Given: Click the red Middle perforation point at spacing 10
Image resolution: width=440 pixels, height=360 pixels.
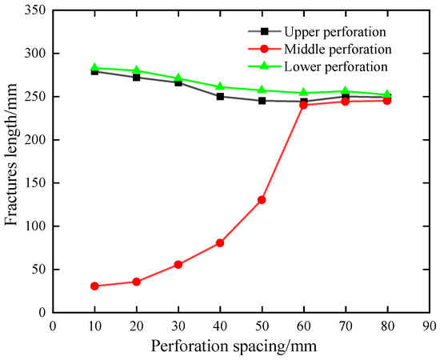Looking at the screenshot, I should click(94, 286).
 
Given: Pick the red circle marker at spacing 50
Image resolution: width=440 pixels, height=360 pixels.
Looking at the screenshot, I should click(262, 199).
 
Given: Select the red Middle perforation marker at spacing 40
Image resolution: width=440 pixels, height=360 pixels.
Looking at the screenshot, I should click(220, 242).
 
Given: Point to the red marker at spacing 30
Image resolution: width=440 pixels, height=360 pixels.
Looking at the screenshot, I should click(178, 264).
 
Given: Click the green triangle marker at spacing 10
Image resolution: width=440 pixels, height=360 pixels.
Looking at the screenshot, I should click(94, 68).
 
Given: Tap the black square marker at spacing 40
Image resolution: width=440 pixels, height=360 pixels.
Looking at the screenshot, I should click(220, 96).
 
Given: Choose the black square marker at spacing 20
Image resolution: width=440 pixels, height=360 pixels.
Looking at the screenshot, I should click(137, 77).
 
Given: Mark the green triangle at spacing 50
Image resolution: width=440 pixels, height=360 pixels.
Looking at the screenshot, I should click(262, 90).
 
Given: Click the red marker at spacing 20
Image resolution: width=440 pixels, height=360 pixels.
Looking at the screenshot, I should click(137, 282).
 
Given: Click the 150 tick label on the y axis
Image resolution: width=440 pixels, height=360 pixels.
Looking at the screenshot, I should click(34, 182).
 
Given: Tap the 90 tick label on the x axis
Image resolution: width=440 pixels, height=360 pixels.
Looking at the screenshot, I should click(430, 325).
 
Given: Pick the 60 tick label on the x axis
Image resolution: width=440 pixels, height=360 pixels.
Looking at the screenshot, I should click(304, 325).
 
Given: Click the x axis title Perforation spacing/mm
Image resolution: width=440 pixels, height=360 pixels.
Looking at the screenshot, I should click(242, 345).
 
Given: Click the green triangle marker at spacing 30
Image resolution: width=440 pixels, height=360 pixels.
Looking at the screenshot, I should click(178, 78).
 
